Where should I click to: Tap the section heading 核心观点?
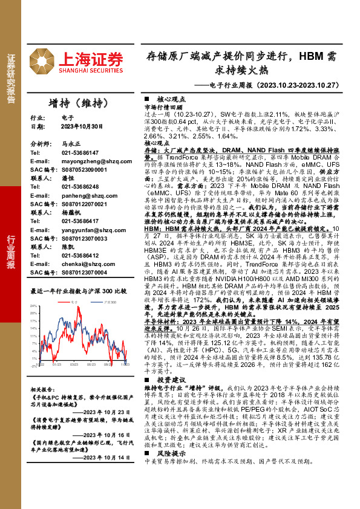pyautogui.click(x=167, y=97)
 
